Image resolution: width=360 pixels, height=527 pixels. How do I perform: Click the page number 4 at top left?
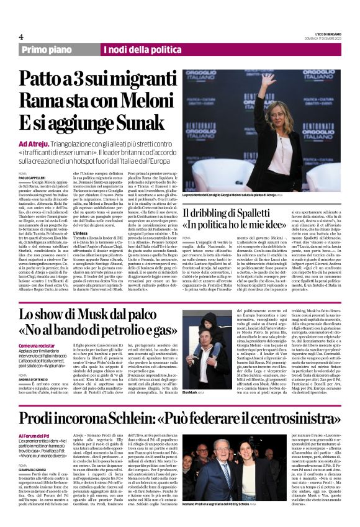pos(20,37)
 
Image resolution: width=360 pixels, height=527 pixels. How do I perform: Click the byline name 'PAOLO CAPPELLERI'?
pos(32,178)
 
